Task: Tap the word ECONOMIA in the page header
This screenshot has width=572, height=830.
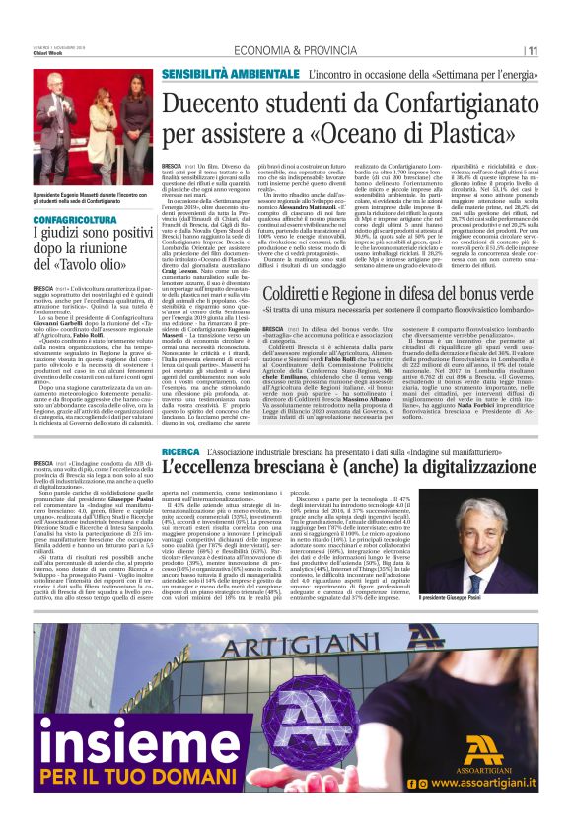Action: click(259, 50)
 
